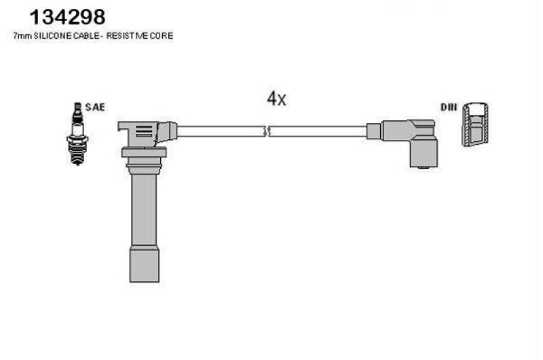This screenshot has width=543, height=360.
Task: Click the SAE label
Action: (x=96, y=107)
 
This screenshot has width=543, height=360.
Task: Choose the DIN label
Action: (x=449, y=107)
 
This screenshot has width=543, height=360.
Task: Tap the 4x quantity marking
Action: (x=276, y=99)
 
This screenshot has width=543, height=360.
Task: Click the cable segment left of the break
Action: (x=221, y=130)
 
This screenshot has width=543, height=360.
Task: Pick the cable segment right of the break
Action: (x=319, y=130)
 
